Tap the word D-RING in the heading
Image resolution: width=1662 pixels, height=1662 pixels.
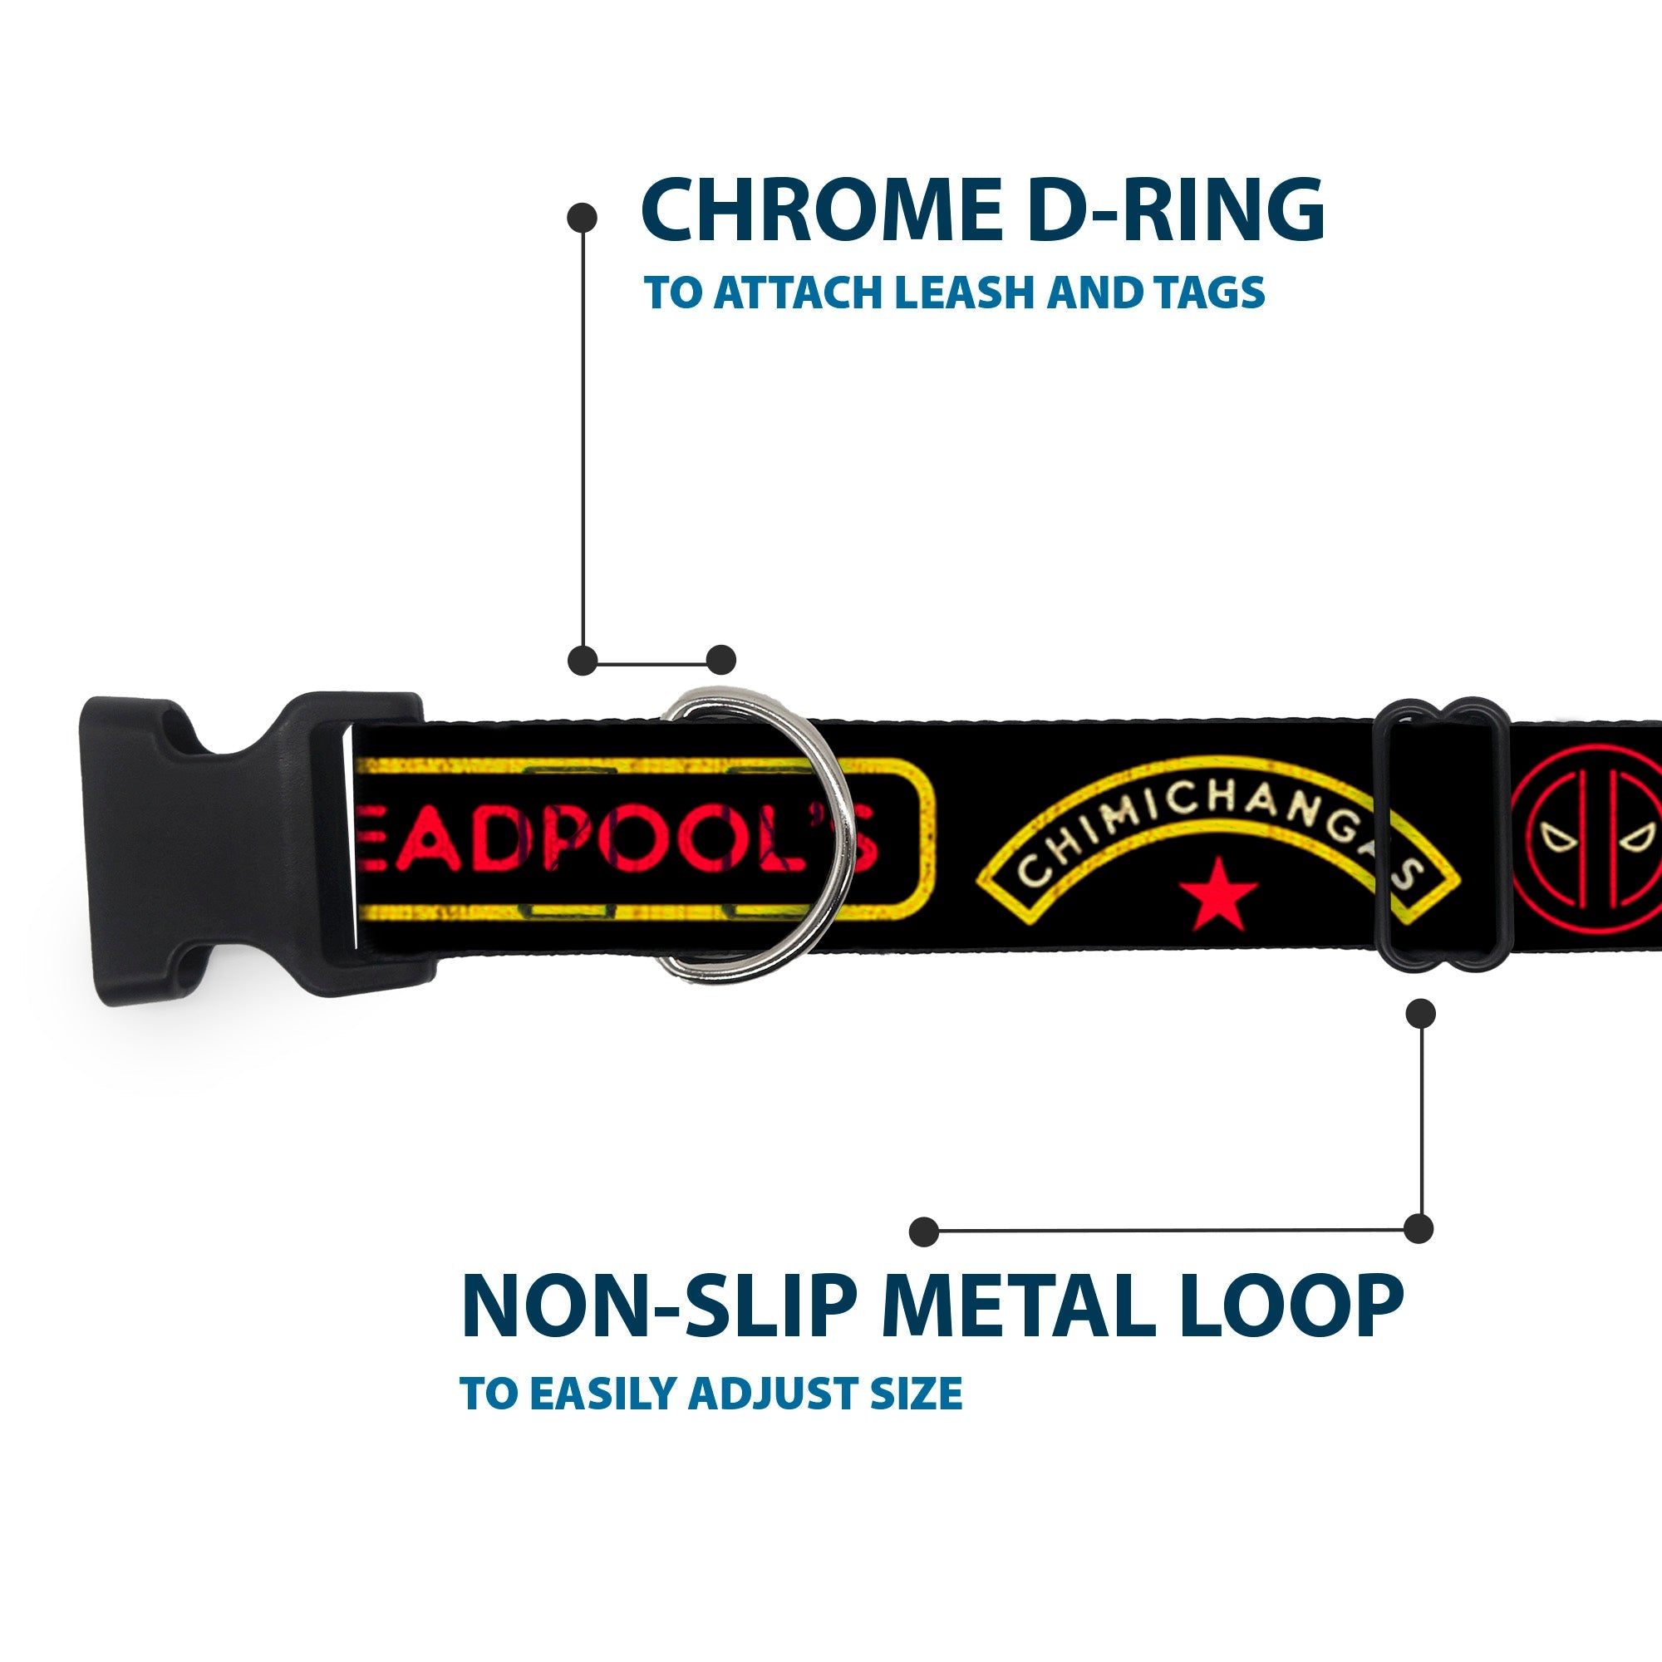click(x=1175, y=210)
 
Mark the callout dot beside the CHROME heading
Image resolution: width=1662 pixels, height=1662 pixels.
click(x=583, y=218)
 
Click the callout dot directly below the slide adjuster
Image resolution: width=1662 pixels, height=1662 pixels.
click(x=1420, y=1013)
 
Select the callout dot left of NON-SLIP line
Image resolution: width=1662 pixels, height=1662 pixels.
click(x=924, y=1231)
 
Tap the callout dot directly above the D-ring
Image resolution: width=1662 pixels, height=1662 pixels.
click(x=720, y=660)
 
